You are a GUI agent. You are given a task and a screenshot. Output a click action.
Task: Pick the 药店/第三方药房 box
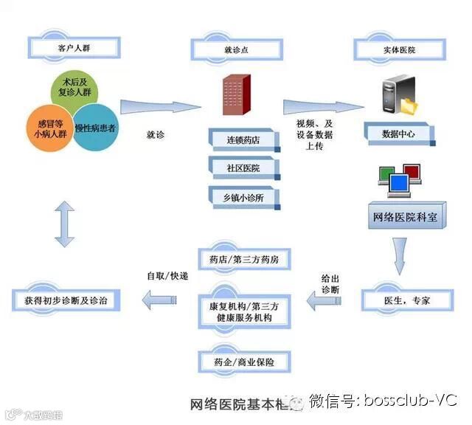[245, 259]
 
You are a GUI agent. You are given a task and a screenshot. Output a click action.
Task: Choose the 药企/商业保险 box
[245, 362]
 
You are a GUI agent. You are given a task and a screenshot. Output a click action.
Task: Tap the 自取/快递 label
[167, 276]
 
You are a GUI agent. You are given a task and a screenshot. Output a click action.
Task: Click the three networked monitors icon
[398, 179]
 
